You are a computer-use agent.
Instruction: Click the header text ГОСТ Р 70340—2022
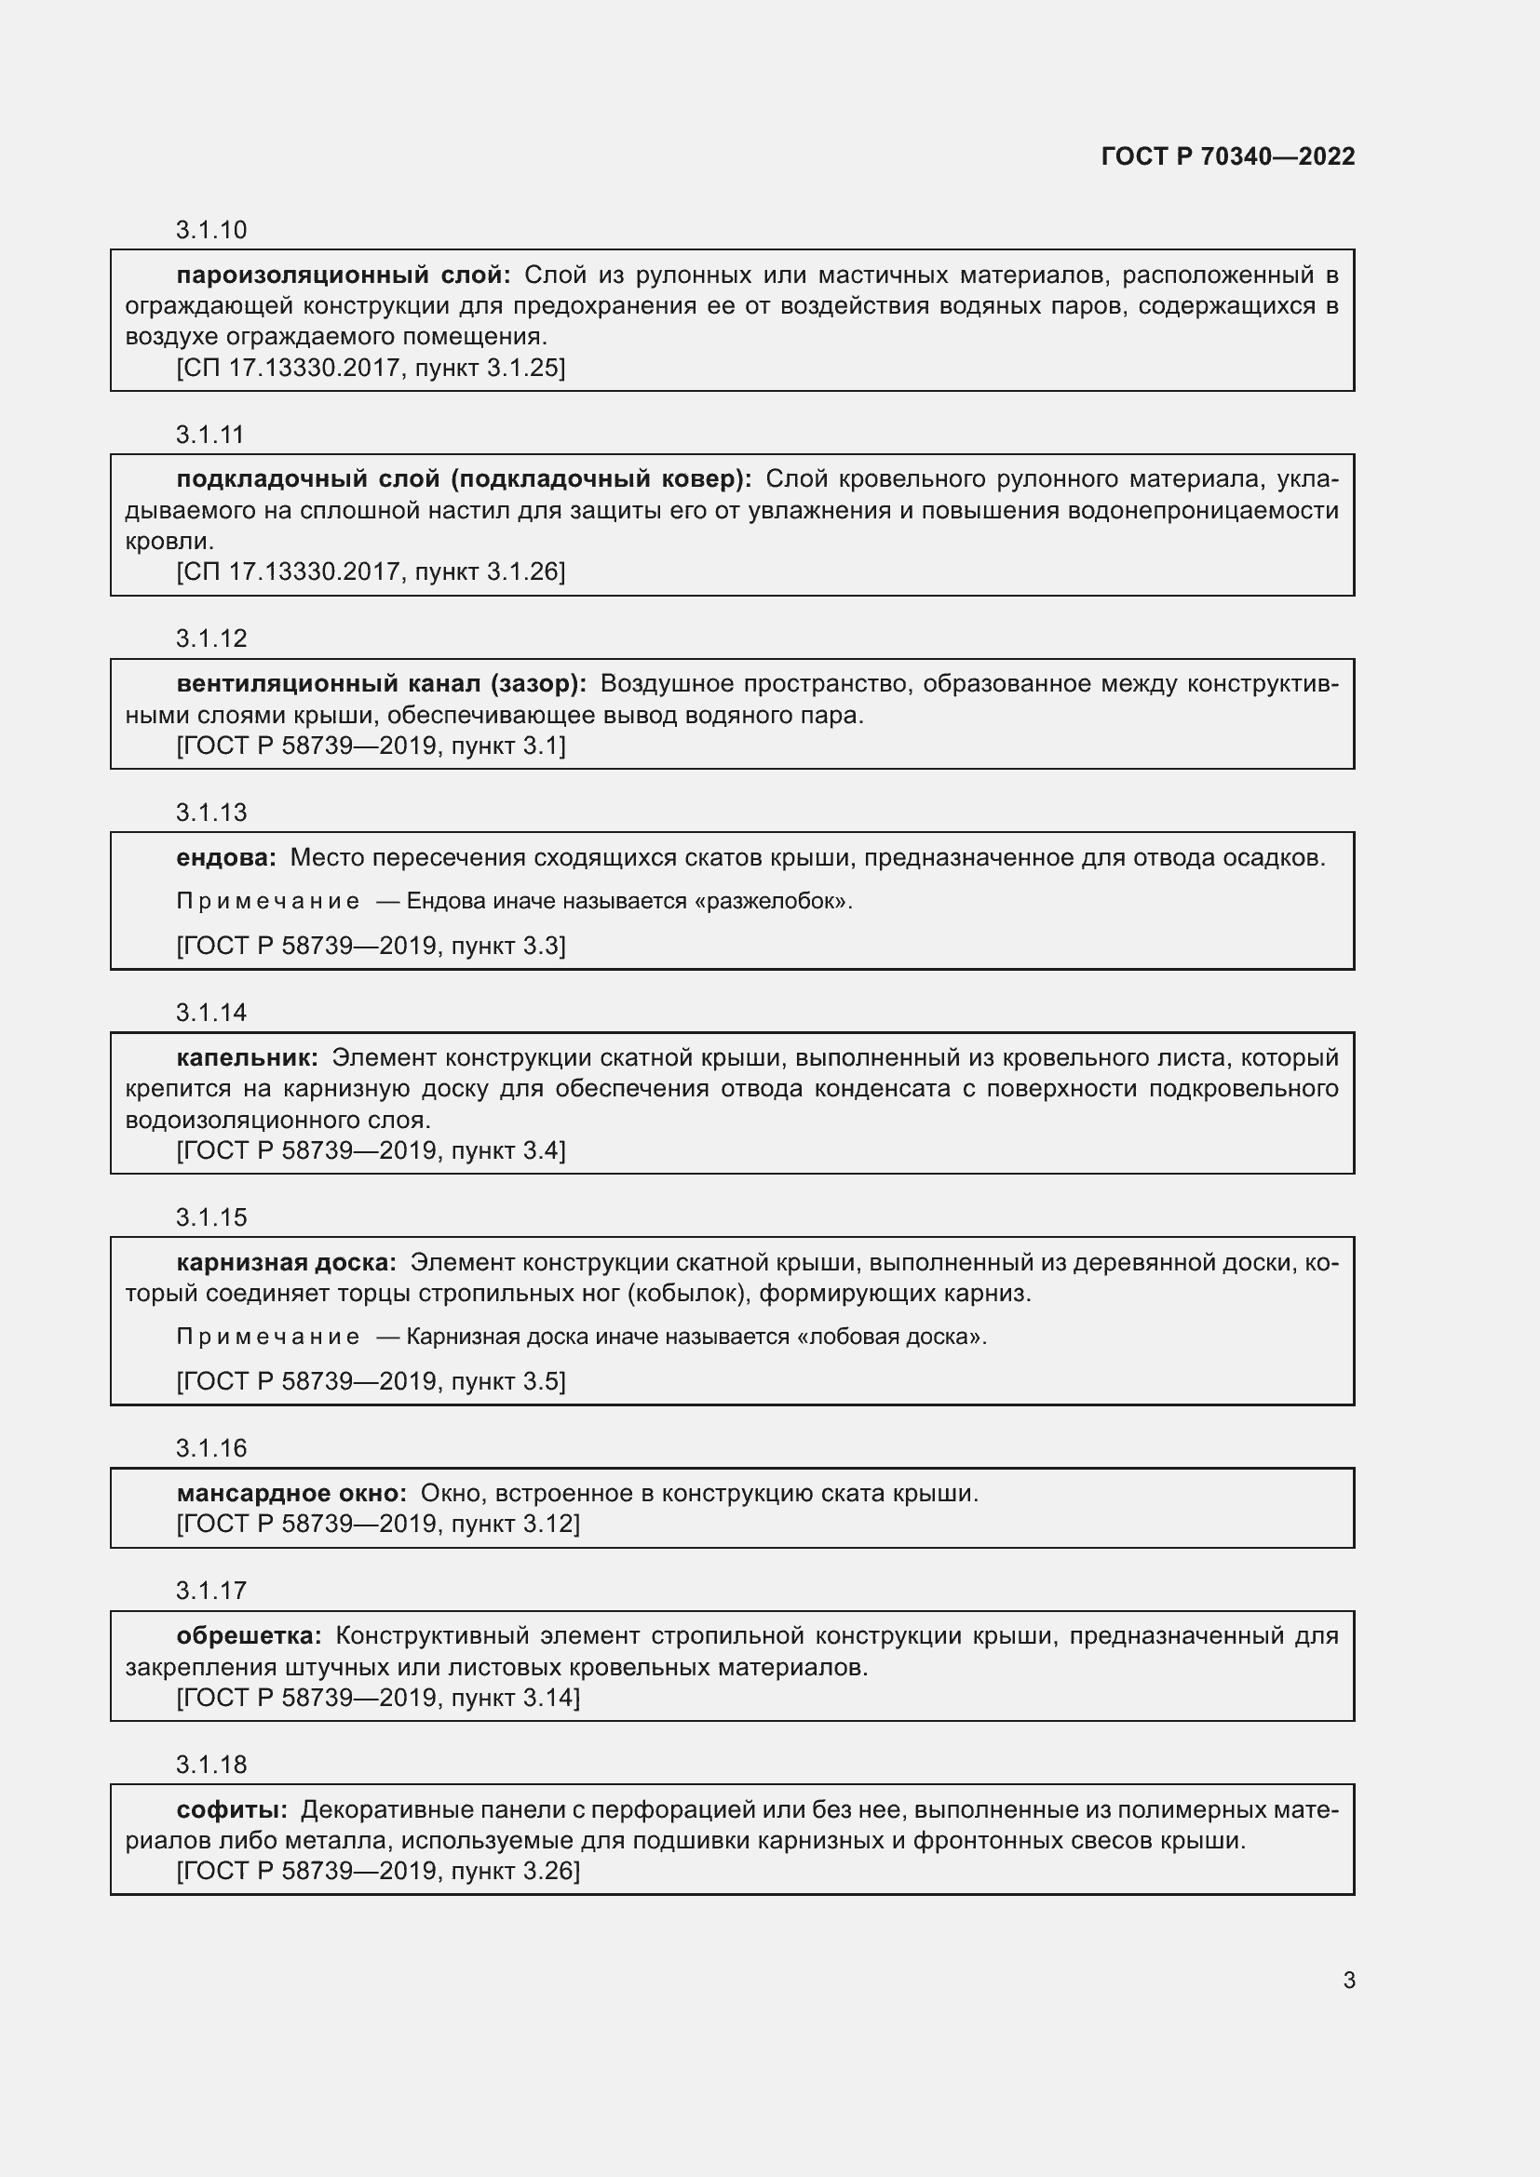[1228, 156]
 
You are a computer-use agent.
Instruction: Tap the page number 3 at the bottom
[1348, 1980]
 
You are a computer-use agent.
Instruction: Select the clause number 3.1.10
[210, 231]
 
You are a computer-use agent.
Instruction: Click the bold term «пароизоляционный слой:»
[344, 275]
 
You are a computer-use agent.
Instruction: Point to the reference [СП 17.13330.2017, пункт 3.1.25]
[371, 368]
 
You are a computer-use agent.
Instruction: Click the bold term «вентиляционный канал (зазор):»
[381, 684]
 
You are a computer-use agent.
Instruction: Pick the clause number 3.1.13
[210, 813]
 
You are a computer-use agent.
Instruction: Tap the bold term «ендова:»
[225, 858]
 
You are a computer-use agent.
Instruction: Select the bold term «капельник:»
[247, 1058]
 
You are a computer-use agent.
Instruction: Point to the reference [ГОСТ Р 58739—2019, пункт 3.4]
[371, 1151]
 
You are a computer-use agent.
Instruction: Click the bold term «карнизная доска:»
[287, 1263]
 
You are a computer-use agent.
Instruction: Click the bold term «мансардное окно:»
[291, 1493]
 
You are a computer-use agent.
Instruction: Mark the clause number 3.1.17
[210, 1590]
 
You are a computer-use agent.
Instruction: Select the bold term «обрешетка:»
[249, 1635]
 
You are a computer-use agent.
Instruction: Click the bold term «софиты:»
[232, 1810]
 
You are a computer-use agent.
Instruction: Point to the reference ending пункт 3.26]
[377, 1871]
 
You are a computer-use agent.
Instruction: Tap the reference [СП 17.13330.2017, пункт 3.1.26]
[371, 571]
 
